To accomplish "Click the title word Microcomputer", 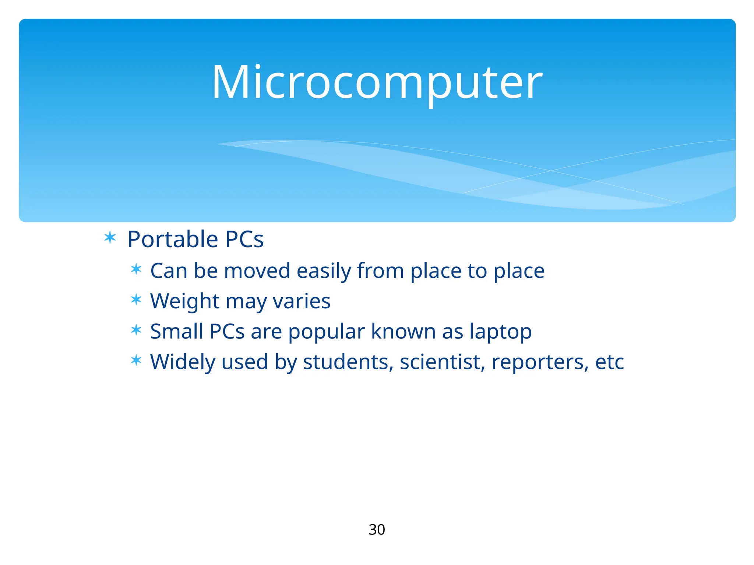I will coord(377,82).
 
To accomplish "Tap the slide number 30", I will coord(377,530).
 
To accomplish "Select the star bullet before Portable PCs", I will coord(110,238).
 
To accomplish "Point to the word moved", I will coord(257,271).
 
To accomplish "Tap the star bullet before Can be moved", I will coord(136,269).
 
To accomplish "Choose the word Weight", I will coord(184,301).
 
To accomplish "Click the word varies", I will coord(302,301).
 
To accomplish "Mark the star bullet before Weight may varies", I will coord(136,299).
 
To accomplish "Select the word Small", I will coord(176,331).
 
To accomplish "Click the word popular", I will coord(327,332).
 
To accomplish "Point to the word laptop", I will coord(500,332).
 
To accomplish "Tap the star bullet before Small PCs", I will coord(136,330).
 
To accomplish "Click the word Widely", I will coord(182,362).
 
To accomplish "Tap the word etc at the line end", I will coord(609,362).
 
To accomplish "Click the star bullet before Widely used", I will coord(136,360).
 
